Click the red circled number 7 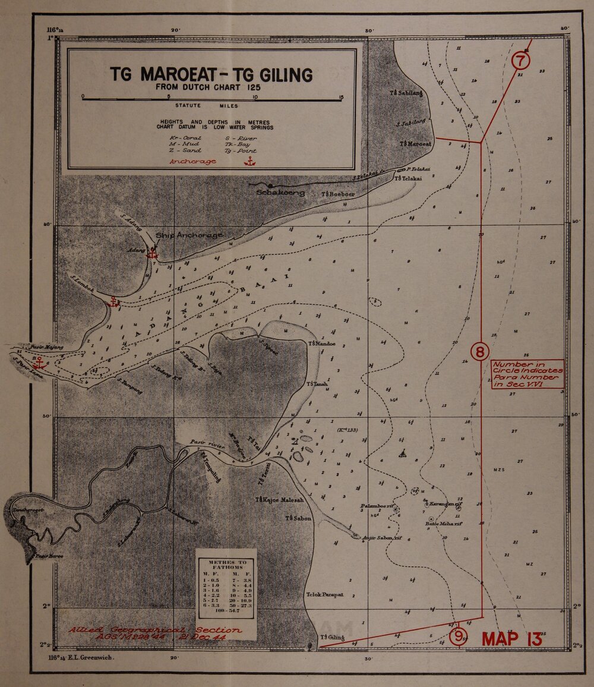(x=520, y=61)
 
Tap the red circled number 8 (x=480, y=351)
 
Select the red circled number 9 (x=458, y=636)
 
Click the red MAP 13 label (x=511, y=639)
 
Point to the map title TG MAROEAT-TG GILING (x=211, y=75)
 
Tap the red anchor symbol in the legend (x=250, y=161)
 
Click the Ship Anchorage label (x=189, y=235)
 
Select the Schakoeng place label (x=280, y=193)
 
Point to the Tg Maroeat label (x=415, y=144)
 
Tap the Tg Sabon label (x=298, y=519)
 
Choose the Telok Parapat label (x=325, y=595)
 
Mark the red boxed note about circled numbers (x=527, y=374)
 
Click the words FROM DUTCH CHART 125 (x=211, y=87)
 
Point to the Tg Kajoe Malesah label (x=279, y=500)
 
